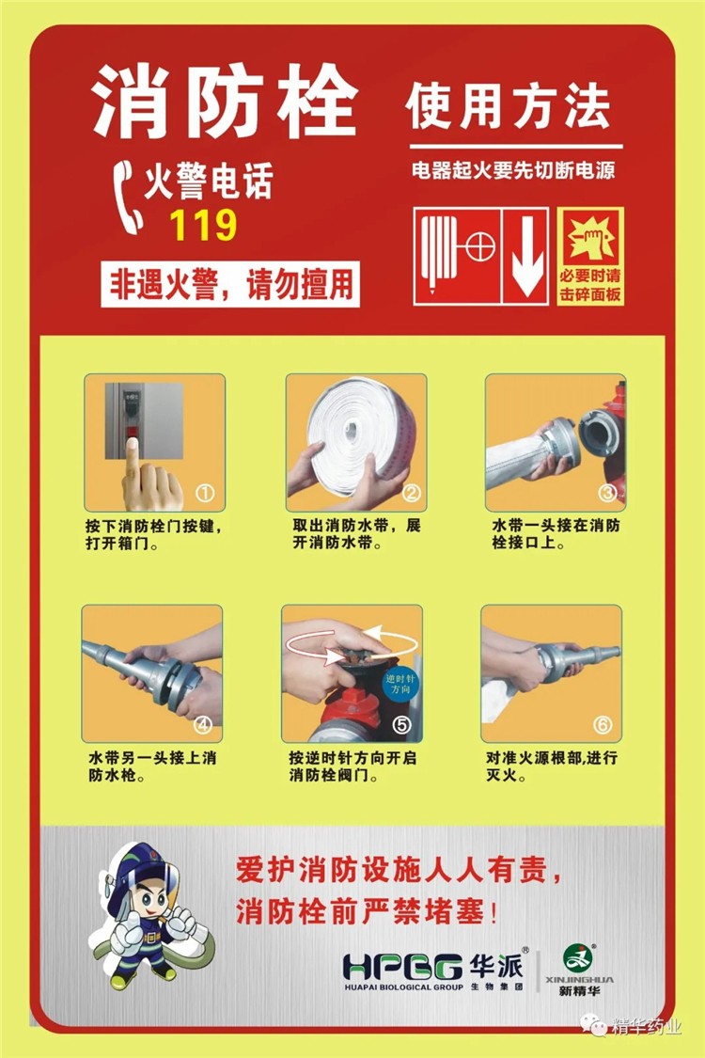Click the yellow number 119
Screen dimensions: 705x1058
pyautogui.click(x=203, y=226)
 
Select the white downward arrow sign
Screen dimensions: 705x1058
pyautogui.click(x=527, y=257)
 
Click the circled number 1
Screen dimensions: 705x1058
pyautogui.click(x=205, y=493)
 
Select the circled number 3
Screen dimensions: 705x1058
pyautogui.click(x=607, y=493)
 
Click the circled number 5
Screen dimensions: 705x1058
pyautogui.click(x=401, y=725)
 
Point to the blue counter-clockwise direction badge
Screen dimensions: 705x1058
pyautogui.click(x=400, y=684)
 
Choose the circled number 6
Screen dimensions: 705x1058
pyautogui.click(x=603, y=725)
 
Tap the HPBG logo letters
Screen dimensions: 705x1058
pyautogui.click(x=402, y=968)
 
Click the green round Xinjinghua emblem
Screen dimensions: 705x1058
pyautogui.click(x=578, y=958)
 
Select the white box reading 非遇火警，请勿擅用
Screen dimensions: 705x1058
pyautogui.click(x=230, y=284)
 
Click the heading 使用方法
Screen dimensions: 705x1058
pyautogui.click(x=508, y=106)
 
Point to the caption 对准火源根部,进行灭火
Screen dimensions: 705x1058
pyautogui.click(x=552, y=766)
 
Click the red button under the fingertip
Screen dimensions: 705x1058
pyautogui.click(x=133, y=432)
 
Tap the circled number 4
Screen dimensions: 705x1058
pyautogui.click(x=203, y=725)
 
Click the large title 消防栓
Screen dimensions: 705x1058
pyautogui.click(x=226, y=103)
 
